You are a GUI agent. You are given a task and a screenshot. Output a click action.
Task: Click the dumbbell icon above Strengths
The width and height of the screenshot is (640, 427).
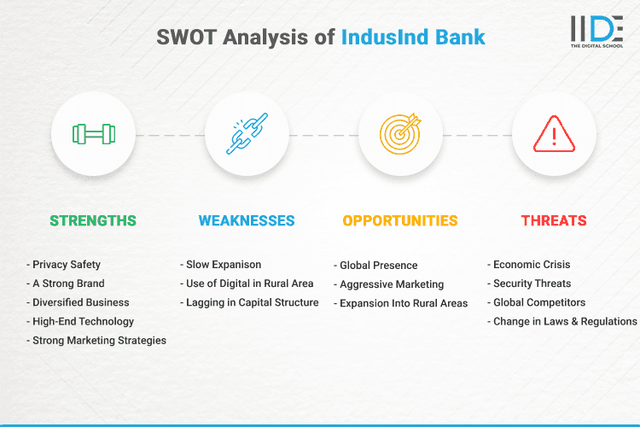coord(94,135)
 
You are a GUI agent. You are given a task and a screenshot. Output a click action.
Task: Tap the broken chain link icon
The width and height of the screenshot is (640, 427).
coord(247,135)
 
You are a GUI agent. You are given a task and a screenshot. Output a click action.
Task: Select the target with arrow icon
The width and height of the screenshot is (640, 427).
coord(400,135)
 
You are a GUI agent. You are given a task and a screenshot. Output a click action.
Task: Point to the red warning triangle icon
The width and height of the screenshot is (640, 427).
coord(554,135)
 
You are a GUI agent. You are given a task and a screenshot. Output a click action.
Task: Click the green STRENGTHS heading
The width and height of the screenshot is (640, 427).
coord(93,220)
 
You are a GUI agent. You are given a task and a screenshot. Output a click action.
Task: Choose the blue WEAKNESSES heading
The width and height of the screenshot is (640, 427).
coord(247,220)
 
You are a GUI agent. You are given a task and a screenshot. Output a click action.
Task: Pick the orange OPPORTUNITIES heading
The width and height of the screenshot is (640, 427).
coord(400,220)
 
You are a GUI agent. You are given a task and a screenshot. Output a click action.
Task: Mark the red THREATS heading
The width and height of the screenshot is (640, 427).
coord(554,220)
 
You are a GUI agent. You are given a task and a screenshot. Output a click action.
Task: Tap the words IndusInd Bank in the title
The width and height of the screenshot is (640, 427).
coord(412,38)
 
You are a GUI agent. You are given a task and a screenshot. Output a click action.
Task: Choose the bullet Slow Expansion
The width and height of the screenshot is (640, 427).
coord(221,265)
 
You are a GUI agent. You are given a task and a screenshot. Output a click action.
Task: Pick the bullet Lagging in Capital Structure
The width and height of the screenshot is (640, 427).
coord(249,302)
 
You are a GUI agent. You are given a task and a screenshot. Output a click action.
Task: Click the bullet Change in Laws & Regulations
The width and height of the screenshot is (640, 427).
coord(562,322)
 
